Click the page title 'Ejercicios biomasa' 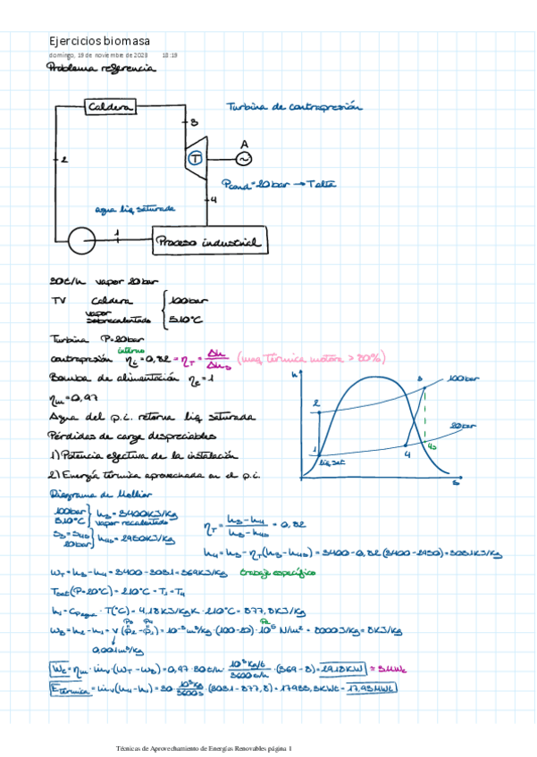pyautogui.click(x=99, y=42)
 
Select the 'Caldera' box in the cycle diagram pyautogui.click(x=110, y=108)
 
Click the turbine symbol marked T pyautogui.click(x=195, y=158)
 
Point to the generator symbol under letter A pyautogui.click(x=243, y=158)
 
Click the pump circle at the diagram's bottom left pyautogui.click(x=82, y=238)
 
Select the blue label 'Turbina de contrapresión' pyautogui.click(x=295, y=106)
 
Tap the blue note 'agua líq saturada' pyautogui.click(x=136, y=210)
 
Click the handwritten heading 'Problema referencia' pyautogui.click(x=101, y=68)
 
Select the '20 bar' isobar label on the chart pyautogui.click(x=463, y=426)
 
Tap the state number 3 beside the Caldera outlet pyautogui.click(x=194, y=122)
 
